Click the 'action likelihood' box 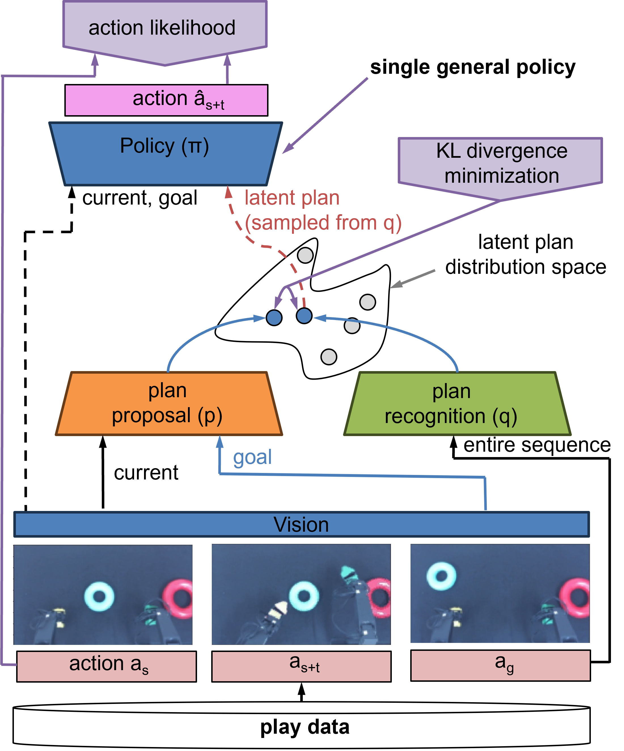[x=164, y=29]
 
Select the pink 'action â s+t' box [x=166, y=100]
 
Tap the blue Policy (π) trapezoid [x=165, y=154]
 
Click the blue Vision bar [x=301, y=524]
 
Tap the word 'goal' [x=252, y=457]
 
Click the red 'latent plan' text [x=292, y=198]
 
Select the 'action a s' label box [x=107, y=666]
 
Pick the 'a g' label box [x=500, y=665]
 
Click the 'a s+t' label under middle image [x=301, y=666]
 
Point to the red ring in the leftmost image [x=179, y=599]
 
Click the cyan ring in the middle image [x=304, y=596]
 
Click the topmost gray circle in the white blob [x=305, y=255]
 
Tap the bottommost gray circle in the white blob [x=329, y=357]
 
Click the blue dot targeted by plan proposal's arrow [x=274, y=317]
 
